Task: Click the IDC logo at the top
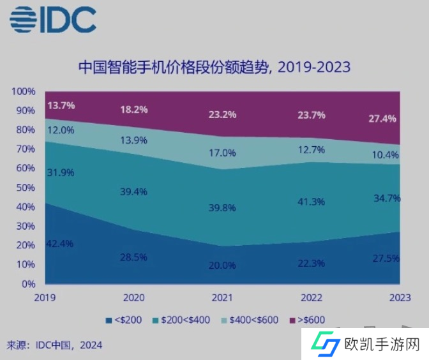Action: [52, 20]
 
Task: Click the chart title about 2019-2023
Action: [214, 66]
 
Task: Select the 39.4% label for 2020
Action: [134, 191]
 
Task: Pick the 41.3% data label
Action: [312, 202]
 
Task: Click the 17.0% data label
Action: [222, 153]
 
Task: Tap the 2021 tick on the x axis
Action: [222, 297]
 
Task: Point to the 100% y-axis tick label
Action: [24, 91]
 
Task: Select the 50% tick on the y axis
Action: [26, 188]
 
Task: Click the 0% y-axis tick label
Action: [28, 283]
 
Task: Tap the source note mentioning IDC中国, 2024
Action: [54, 345]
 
